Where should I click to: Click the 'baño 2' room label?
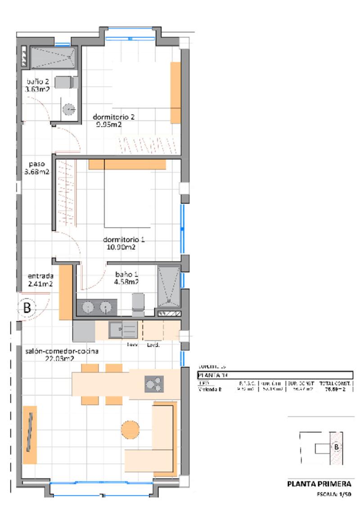[x=38, y=82]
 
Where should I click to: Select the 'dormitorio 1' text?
[x=124, y=239]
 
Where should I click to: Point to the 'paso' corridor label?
[x=37, y=164]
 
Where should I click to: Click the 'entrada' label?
[x=40, y=276]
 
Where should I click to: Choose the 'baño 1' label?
[x=126, y=274]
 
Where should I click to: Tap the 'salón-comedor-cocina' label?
[x=62, y=351]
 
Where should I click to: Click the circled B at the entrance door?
[x=27, y=308]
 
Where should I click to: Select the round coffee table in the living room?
[x=131, y=429]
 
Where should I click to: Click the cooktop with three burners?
[x=154, y=384]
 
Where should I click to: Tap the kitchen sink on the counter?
[x=123, y=330]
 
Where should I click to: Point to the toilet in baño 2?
[x=66, y=82]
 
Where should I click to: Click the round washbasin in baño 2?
[x=69, y=109]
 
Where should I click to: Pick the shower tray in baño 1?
[x=169, y=286]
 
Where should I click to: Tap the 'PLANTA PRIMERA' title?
[x=319, y=484]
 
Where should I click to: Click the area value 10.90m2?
[x=120, y=247]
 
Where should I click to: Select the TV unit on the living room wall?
[x=30, y=434]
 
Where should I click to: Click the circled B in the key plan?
[x=336, y=447]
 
